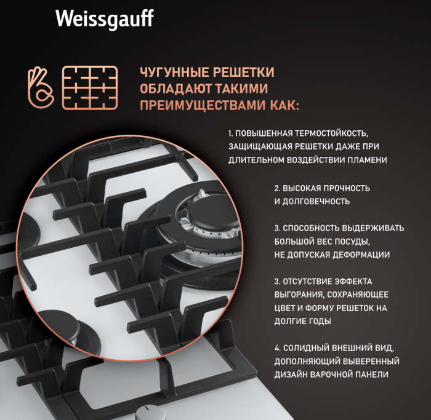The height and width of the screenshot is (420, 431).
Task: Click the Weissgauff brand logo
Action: pos(105,19)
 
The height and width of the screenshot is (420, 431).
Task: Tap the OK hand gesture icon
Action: pos(41,87)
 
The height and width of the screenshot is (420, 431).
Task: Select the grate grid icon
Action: pos(90,88)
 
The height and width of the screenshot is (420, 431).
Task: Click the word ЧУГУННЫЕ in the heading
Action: pos(174,72)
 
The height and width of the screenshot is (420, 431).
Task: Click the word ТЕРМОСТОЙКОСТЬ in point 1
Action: pos(331,133)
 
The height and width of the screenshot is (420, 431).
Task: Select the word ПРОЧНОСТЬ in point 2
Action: pos(346,188)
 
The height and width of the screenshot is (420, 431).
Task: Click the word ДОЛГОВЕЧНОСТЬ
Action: pos(316,202)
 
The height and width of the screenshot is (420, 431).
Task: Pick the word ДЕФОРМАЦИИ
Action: pos(361,255)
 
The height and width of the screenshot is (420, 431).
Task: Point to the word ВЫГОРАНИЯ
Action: pos(299,295)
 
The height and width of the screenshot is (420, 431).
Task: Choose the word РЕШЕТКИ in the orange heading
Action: pos(243,72)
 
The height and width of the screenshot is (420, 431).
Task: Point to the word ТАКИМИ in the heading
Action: pos(241,89)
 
